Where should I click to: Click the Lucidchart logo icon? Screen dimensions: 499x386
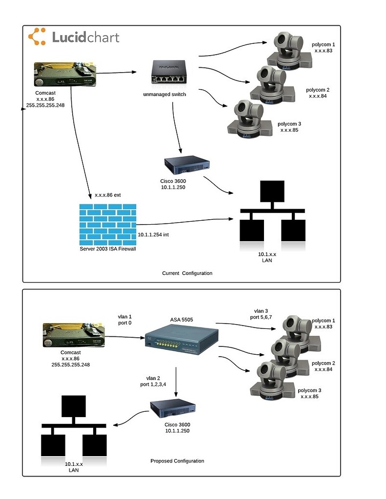coord(37,37)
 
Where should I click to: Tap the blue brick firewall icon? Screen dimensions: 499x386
coord(108,224)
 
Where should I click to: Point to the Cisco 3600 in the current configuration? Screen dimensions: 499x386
coord(186,165)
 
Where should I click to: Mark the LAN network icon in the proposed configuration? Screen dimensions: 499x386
coord(74,428)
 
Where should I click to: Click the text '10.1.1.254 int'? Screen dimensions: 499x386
coord(154,235)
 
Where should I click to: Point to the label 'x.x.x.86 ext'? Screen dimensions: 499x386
coord(107,195)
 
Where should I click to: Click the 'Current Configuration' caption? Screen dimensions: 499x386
coord(187,273)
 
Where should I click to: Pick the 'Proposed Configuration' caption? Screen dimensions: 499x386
coord(177,461)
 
